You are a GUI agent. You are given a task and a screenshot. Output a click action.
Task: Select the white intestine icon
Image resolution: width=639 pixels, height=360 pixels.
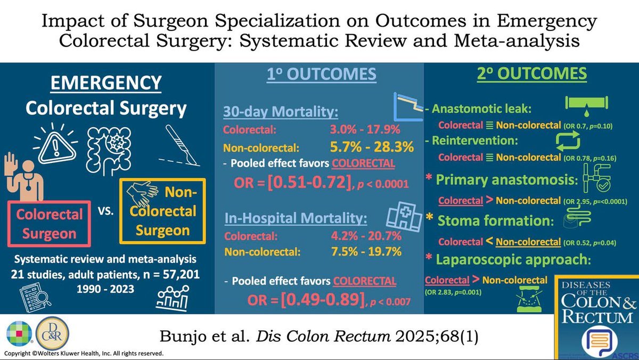(109, 150)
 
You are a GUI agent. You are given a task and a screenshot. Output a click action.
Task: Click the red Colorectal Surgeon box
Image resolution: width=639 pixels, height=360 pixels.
(49, 224)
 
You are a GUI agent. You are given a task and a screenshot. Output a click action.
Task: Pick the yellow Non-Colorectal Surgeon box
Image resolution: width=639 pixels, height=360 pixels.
(162, 211)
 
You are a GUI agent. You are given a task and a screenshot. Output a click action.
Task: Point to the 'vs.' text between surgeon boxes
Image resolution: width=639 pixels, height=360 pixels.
(105, 211)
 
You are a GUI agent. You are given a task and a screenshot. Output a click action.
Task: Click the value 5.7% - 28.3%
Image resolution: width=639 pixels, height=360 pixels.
(372, 147)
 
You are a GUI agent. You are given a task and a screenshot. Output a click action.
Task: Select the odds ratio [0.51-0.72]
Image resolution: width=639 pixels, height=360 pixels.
(309, 182)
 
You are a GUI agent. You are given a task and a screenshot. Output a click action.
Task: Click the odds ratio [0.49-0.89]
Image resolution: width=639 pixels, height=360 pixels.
(323, 299)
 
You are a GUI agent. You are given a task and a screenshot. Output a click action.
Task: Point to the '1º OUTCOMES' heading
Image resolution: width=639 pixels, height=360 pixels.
(322, 74)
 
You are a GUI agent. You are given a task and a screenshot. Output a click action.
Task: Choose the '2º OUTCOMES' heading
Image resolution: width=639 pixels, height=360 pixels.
(532, 73)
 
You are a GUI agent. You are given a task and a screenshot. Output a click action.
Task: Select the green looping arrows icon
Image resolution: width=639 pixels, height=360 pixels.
(568, 142)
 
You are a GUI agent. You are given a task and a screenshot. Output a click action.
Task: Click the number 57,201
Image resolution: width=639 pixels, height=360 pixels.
(181, 274)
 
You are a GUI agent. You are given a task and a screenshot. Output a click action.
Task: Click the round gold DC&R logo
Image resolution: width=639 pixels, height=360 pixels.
(53, 333)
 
